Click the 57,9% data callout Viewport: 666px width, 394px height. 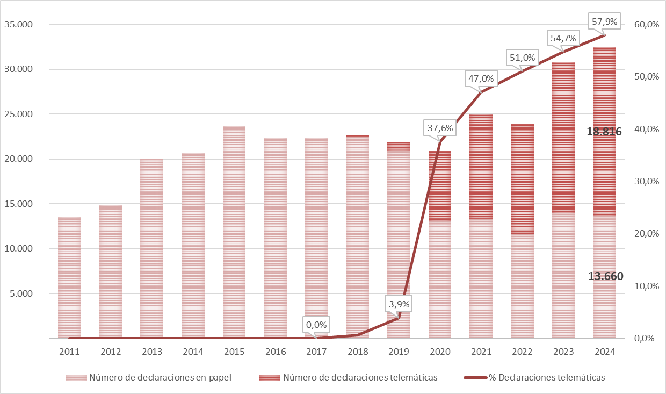[x=604, y=23]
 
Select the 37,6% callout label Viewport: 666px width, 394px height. [x=440, y=128]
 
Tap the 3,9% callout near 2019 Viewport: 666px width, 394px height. [x=399, y=304]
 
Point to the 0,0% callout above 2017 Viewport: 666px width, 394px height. [x=317, y=325]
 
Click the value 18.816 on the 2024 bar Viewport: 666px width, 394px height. [x=604, y=132]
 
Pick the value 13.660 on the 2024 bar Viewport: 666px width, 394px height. [x=605, y=276]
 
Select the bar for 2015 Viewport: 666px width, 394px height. [x=234, y=232]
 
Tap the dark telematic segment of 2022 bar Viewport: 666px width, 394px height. [x=523, y=178]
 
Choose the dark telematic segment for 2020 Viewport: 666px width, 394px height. [x=440, y=186]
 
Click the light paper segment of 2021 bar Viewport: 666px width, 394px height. [x=481, y=278]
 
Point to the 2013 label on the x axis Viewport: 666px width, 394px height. [x=152, y=352]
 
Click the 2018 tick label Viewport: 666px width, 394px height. [x=358, y=352]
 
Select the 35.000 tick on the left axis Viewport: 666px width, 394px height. [x=18, y=25]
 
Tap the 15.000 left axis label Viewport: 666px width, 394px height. [x=18, y=204]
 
